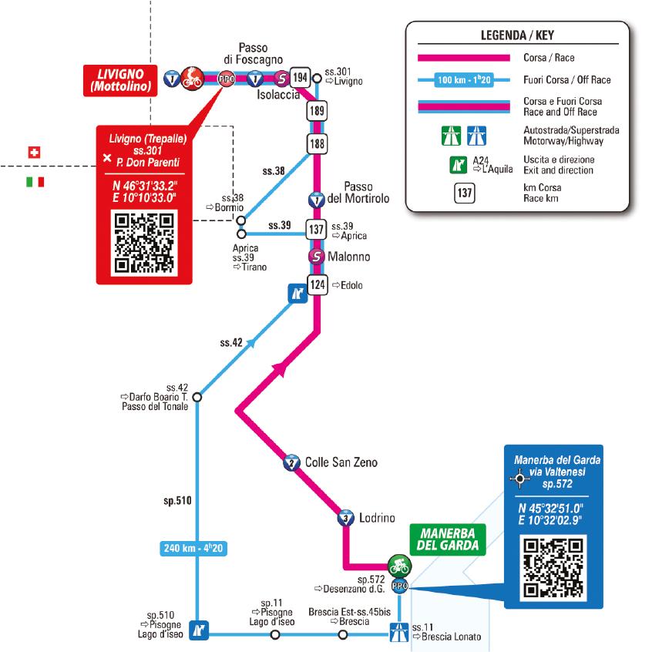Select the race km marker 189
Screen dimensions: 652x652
click(315, 111)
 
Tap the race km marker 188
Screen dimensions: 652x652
click(315, 144)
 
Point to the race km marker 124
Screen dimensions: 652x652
click(316, 284)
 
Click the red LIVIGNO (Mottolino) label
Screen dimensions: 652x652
click(122, 79)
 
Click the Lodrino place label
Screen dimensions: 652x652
click(377, 518)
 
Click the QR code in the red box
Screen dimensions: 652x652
click(143, 243)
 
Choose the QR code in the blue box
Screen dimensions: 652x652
click(552, 568)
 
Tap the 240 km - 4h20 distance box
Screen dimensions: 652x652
click(194, 549)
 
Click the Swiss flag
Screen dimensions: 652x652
click(33, 152)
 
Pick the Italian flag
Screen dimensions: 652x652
click(35, 182)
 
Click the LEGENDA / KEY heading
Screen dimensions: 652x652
click(518, 35)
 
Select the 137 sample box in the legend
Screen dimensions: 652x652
click(463, 193)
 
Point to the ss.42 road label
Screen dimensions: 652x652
click(231, 342)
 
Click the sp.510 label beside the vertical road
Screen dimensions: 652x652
click(178, 501)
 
